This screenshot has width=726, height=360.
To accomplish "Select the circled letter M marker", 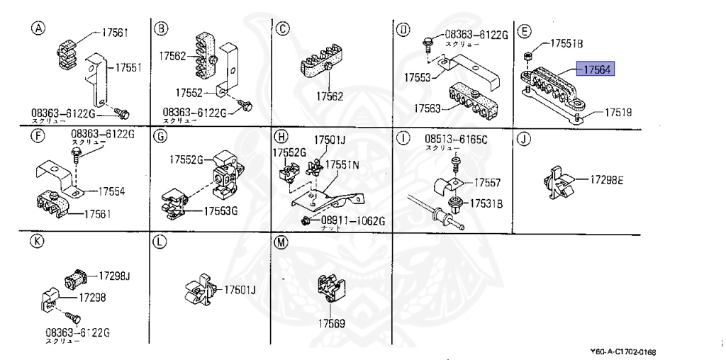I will pos(281,242).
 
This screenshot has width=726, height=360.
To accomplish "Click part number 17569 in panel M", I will pos(330,323).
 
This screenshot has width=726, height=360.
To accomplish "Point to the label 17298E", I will pos(606,181).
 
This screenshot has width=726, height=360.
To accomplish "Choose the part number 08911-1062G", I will pos(352,221).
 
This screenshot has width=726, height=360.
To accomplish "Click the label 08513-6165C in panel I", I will pos(456,139).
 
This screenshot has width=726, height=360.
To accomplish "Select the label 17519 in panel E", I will pos(618,112).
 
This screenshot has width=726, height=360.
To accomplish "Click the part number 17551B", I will pos(566,44).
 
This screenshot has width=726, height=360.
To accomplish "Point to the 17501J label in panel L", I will pos(240,289).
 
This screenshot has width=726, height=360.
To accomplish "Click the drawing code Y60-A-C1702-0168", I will pos(622,352).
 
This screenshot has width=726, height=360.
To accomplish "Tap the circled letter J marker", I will pos(523,139).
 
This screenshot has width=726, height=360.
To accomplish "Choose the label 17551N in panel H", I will pos(342,164).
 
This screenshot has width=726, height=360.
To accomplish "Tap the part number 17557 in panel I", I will pos(488,183).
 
